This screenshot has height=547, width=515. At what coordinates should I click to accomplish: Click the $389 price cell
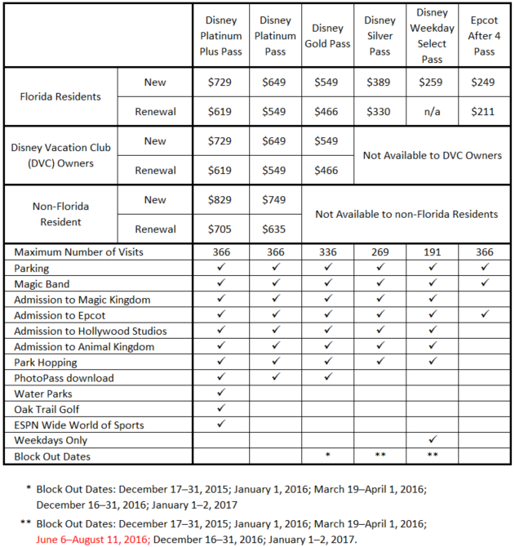coord(380,82)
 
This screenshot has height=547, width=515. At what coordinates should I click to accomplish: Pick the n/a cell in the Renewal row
coord(432,111)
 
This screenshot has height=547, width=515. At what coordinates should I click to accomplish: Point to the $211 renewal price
coord(483,111)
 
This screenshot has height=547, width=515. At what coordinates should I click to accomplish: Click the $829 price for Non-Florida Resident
coord(221,200)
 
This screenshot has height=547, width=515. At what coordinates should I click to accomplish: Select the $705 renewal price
coord(221,229)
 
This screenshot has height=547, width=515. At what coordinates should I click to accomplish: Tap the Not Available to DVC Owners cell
coord(432,155)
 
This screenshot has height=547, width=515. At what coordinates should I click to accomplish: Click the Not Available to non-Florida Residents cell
coord(406,214)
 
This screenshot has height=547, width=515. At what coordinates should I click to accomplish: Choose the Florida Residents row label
coord(60,96)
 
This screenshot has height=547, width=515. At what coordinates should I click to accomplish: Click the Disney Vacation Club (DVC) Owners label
coord(61,155)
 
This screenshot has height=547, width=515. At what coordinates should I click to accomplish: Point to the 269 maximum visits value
coord(380,252)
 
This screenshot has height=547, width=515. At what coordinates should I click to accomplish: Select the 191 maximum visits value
coord(432,252)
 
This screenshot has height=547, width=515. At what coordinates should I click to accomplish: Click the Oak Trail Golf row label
coord(47,409)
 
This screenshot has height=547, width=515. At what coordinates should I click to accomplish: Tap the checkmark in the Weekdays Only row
coord(432,440)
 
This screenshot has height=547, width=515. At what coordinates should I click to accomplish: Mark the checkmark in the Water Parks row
coord(221,394)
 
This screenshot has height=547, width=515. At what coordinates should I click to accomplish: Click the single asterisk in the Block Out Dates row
coord(327,456)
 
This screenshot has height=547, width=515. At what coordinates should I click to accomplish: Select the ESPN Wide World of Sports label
coord(78,425)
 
